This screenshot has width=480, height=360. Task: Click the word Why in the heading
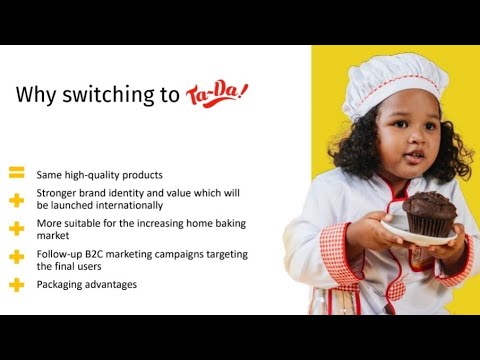pos(39,95)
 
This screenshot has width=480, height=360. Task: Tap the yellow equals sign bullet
pos(16,173)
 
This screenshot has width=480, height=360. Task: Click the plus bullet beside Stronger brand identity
pos(16,200)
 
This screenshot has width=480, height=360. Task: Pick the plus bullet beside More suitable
pos(16,228)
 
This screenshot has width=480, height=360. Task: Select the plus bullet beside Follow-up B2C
pos(16,257)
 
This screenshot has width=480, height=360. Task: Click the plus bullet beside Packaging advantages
pos(16,284)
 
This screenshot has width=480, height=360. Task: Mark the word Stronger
pos(58,191)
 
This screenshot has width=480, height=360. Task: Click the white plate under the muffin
pos(420,236)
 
